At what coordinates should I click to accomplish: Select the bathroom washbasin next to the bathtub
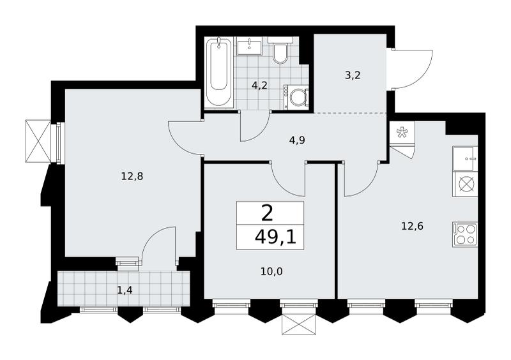pos(249,46)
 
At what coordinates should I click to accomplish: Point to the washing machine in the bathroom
pos(296,97)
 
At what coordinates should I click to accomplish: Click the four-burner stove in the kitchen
pos(465,234)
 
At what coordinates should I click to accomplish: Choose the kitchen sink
pos(465,159)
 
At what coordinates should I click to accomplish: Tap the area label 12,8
pos(132,177)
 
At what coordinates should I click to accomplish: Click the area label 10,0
pos(271,271)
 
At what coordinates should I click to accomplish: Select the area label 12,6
pos(412,226)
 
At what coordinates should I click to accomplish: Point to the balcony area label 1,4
pos(125,290)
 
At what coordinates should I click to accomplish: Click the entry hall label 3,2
pos(353,75)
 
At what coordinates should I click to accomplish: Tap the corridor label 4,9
pos(297,140)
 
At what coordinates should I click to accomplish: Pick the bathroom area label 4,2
pos(259,86)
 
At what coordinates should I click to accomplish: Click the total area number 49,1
pos(275,237)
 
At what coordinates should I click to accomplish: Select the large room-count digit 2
pos(267,213)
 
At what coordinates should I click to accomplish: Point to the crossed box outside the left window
pos(38,140)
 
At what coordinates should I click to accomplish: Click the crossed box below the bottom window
pos(299,324)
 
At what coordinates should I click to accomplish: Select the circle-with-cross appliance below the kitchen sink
pos(465,184)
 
